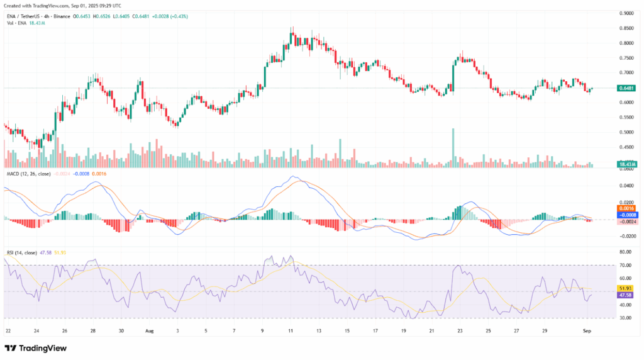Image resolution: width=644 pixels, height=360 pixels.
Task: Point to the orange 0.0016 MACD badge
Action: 626,208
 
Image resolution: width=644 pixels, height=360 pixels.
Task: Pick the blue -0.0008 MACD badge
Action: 626,215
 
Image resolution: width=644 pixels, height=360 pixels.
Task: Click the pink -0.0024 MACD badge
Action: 626,222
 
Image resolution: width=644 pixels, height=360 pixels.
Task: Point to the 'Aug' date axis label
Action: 150,330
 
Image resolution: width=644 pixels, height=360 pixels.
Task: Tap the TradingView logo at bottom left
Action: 36,347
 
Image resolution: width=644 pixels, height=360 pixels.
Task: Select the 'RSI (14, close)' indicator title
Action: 20,252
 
